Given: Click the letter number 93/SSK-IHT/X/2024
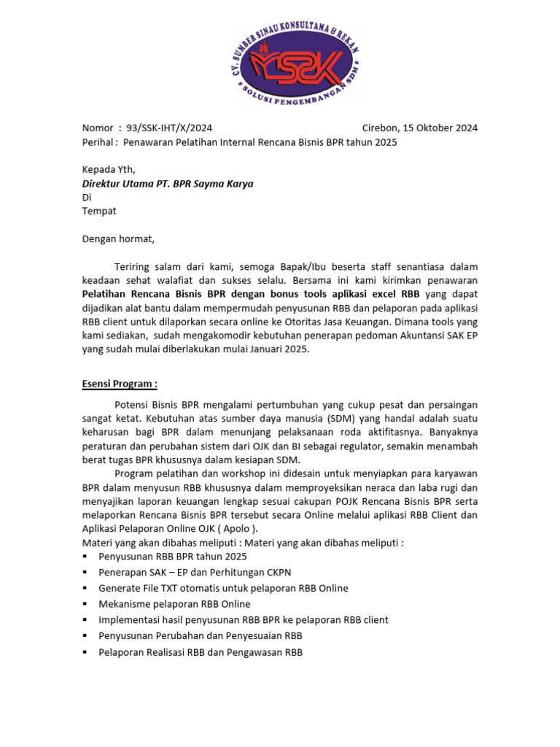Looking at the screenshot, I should click(169, 128).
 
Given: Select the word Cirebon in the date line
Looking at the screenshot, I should click(381, 128).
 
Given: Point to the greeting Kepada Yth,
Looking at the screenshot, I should click(108, 169).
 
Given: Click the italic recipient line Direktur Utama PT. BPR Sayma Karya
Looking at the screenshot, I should click(168, 184).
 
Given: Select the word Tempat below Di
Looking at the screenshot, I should click(98, 211).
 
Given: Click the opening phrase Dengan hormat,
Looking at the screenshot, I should click(118, 239).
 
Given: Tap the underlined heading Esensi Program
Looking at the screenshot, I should click(120, 384).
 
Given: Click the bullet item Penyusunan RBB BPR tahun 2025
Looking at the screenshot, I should click(173, 556).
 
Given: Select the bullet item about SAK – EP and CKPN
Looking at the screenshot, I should click(195, 572).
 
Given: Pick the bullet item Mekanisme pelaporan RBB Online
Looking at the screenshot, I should click(174, 604).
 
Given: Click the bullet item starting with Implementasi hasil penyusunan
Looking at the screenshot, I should click(243, 620).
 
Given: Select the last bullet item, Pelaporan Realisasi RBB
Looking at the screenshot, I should click(201, 652).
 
